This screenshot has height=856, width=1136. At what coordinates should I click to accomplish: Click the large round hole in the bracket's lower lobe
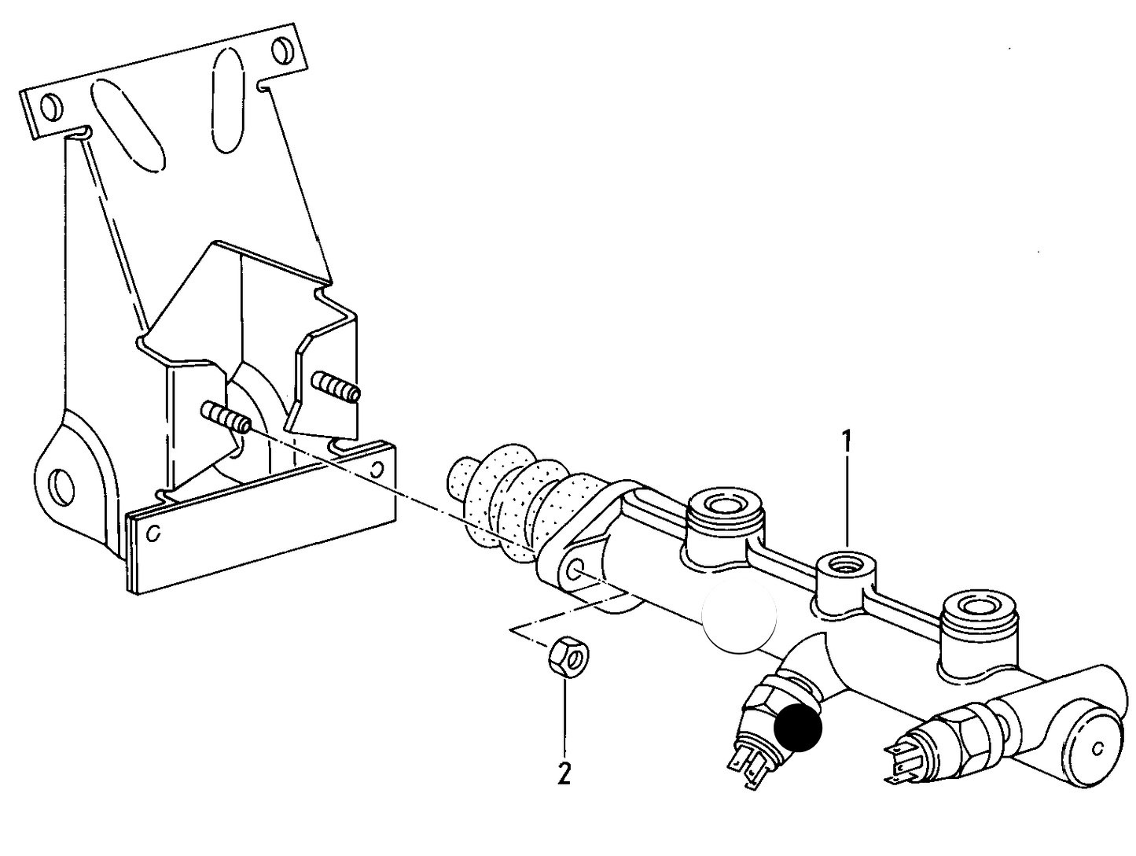pyautogui.click(x=61, y=485)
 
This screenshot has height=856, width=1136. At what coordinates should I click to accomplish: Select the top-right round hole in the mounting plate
pyautogui.click(x=282, y=51)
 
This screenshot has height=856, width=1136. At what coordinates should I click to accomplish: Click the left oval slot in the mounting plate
pyautogui.click(x=129, y=125)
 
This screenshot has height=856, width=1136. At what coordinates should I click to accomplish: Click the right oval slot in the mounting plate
pyautogui.click(x=228, y=101)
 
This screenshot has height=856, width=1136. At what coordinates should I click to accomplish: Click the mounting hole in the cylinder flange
pyautogui.click(x=576, y=570)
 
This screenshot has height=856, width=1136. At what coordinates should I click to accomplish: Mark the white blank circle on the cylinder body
pyautogui.click(x=738, y=614)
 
